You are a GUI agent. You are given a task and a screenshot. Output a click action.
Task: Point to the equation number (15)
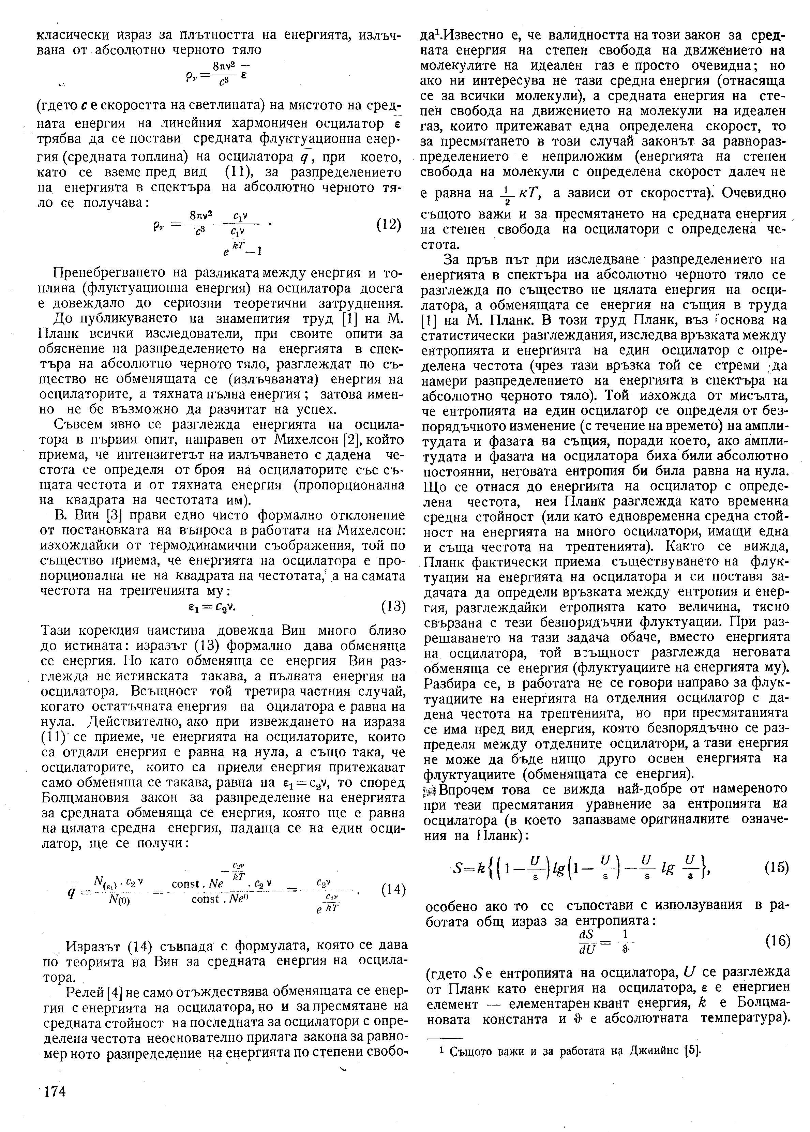coord(775,868)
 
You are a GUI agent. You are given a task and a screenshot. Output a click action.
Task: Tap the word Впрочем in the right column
coord(472,790)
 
